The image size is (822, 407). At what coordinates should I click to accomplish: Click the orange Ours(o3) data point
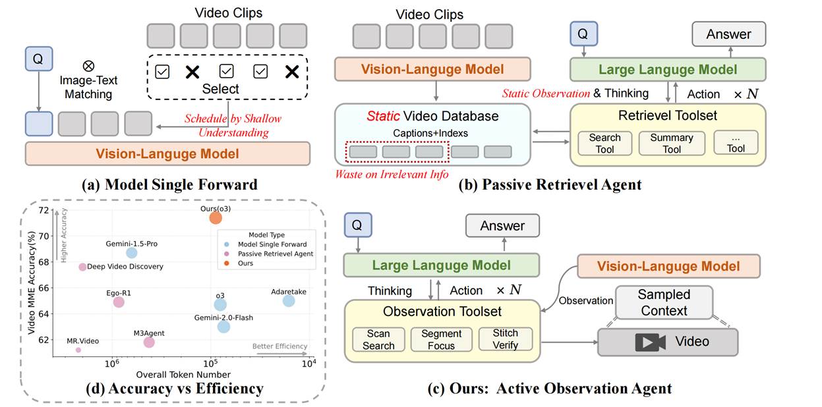tap(216, 218)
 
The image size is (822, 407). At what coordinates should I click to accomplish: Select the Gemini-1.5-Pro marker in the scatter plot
tap(131, 253)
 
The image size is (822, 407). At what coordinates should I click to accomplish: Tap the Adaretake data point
tap(289, 301)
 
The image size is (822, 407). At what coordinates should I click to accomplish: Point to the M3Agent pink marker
tap(149, 342)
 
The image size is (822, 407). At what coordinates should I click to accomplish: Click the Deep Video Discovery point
tap(82, 267)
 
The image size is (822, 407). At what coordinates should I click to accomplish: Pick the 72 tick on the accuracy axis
tap(44, 211)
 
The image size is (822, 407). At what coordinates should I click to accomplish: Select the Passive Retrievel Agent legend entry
tap(271, 254)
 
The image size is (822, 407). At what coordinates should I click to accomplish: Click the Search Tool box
tap(604, 143)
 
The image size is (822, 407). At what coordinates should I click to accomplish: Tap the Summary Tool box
tap(671, 143)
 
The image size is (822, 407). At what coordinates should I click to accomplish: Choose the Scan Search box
tap(378, 340)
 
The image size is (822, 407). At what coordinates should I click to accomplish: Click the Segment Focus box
tap(441, 340)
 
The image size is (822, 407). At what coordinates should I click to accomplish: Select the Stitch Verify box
tap(505, 340)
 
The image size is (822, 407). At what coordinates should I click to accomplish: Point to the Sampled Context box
tap(664, 303)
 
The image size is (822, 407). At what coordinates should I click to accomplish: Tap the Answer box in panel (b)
tap(728, 34)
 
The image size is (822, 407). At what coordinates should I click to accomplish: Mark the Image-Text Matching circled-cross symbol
tap(88, 66)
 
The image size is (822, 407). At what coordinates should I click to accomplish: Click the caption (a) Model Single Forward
tap(169, 184)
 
